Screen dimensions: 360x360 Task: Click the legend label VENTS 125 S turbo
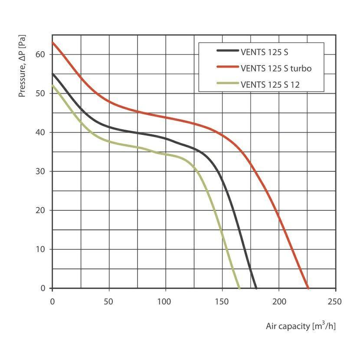pos(276,68)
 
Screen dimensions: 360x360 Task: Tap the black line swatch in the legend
pos(228,51)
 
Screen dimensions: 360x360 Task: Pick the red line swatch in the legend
pos(228,68)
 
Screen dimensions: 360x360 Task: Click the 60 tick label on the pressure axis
pos(42,54)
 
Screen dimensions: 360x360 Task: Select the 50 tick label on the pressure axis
pos(42,93)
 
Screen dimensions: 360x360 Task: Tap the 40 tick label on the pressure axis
pos(42,132)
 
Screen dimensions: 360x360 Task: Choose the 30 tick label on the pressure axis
pos(42,171)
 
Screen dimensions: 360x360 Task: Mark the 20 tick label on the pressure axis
pos(42,210)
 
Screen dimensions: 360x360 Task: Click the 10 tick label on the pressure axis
pos(42,249)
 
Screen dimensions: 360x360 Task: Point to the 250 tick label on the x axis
pos(335,301)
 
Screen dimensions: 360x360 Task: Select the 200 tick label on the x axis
pos(279,301)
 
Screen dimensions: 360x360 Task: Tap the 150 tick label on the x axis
pos(222,301)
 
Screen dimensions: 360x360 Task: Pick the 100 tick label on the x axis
pos(166,301)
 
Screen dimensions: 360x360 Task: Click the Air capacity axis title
pos(301,326)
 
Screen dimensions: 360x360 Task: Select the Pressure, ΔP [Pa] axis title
pos(23,67)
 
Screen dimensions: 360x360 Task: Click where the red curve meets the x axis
pos(308,288)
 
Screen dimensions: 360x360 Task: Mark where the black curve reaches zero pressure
pos(256,288)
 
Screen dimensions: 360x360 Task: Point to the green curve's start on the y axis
pos(52,85)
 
